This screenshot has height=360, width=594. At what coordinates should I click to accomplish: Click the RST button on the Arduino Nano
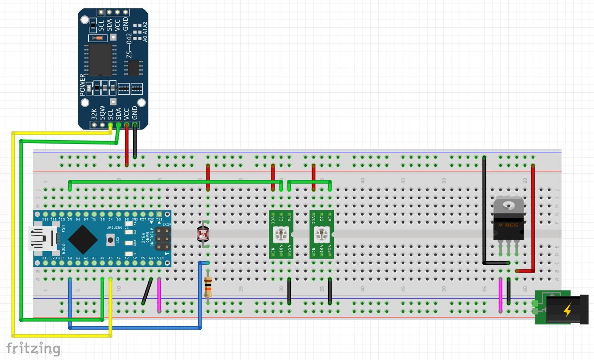110,239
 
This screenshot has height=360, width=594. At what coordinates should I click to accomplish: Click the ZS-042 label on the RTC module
129,45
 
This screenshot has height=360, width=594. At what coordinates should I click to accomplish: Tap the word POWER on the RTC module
83,85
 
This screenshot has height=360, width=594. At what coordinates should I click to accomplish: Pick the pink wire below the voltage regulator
500,295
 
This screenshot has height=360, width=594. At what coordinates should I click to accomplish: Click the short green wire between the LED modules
309,181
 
